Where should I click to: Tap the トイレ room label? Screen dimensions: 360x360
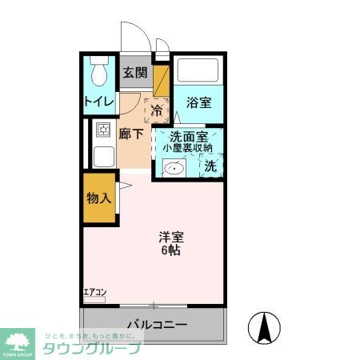[x=98, y=102]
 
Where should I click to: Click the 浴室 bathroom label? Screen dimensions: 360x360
[x=198, y=103]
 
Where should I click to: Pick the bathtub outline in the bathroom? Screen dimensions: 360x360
[x=198, y=73]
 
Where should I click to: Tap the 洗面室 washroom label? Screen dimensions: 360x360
[x=186, y=136]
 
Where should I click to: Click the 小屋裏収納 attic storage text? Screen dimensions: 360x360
[x=187, y=148]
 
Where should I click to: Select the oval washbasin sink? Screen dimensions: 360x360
[x=173, y=168]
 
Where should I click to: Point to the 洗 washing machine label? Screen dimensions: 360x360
[x=210, y=166]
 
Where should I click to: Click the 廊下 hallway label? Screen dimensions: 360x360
[x=132, y=134]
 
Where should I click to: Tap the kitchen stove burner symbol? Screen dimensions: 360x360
[x=102, y=130]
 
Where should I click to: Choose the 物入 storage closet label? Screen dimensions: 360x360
[x=98, y=197]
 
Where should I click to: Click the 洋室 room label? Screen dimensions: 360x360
[x=171, y=237]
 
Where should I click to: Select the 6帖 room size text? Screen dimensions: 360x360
[x=171, y=250]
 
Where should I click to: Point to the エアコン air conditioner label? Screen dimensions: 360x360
[x=94, y=292]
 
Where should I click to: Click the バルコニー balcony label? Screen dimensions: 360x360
[x=157, y=325]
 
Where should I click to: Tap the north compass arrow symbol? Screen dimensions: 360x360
[x=265, y=326]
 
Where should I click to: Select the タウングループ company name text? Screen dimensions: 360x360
[x=91, y=348]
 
